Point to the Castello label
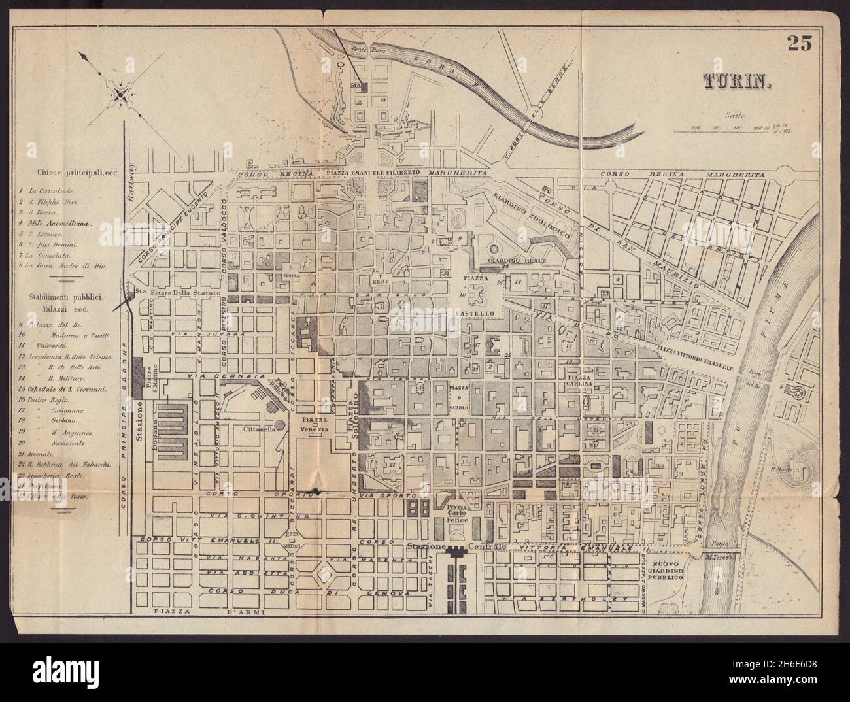pyautogui.click(x=480, y=314)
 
